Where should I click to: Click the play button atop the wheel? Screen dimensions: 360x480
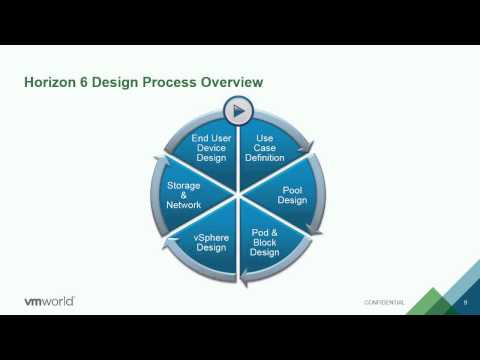click(x=239, y=109)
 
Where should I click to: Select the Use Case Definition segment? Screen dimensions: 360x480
click(x=265, y=148)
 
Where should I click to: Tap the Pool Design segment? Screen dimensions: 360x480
click(x=292, y=194)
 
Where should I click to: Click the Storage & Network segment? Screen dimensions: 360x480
click(x=184, y=194)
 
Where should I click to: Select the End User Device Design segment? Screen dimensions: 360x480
click(x=212, y=148)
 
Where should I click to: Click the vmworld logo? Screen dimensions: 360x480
click(x=48, y=301)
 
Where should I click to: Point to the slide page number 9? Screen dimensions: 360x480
click(x=464, y=302)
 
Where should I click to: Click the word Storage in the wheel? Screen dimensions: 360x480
click(x=184, y=184)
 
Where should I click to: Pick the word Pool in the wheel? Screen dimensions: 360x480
click(x=292, y=188)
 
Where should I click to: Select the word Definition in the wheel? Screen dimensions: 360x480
click(x=265, y=158)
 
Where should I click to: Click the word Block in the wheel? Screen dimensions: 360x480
click(x=265, y=241)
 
